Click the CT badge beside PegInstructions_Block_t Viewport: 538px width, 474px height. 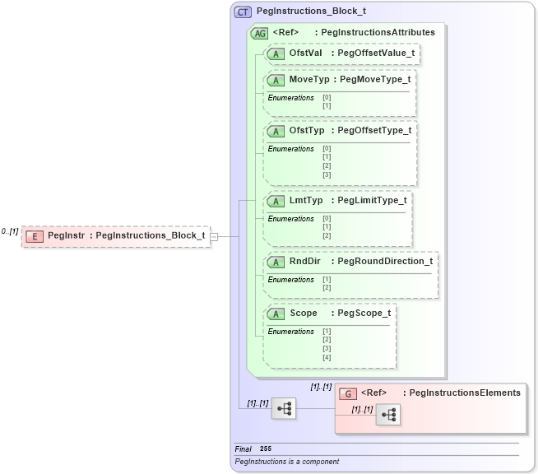(243, 12)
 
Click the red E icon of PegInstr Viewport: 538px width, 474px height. (35, 236)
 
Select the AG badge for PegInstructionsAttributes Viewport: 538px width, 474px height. (259, 33)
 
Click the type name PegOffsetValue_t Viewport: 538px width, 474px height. (373, 53)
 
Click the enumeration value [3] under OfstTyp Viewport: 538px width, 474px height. (327, 174)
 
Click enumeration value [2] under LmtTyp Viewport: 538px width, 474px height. (327, 236)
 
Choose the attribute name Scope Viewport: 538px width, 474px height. (304, 314)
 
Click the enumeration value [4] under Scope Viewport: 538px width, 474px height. (327, 357)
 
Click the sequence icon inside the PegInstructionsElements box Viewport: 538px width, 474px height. (387, 416)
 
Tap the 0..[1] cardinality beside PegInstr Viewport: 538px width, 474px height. (10, 232)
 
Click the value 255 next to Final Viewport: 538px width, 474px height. (266, 448)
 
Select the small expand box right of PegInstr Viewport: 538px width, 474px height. (214, 236)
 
